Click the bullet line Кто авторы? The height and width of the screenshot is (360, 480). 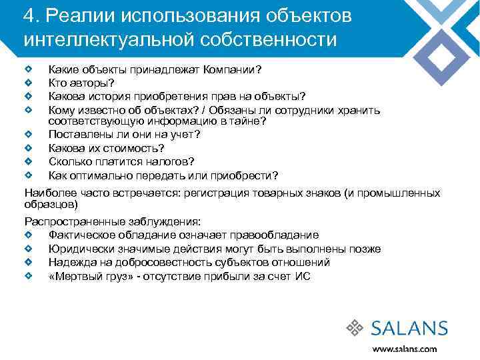pyautogui.click(x=81, y=83)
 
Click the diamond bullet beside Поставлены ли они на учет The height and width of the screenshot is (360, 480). pyautogui.click(x=29, y=134)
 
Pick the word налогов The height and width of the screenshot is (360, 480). pyautogui.click(x=171, y=161)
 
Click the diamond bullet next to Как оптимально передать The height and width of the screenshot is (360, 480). pyautogui.click(x=29, y=175)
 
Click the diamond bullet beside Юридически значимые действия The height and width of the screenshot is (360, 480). pyautogui.click(x=29, y=249)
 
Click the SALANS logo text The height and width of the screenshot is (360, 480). pyautogui.click(x=409, y=328)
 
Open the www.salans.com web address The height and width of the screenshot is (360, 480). pyautogui.click(x=404, y=349)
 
